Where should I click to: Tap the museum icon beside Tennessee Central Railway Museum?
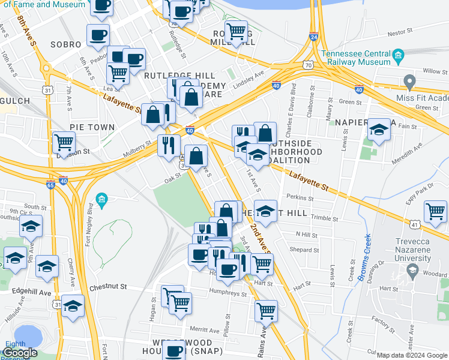(398, 58)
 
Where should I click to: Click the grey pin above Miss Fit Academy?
(410, 81)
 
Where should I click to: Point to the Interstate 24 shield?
(313, 36)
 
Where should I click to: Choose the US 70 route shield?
(308, 64)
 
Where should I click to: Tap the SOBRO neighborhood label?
(65, 44)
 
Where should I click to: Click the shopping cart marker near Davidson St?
(64, 142)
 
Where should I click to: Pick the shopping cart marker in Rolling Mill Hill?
(237, 31)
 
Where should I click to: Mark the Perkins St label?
(300, 197)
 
